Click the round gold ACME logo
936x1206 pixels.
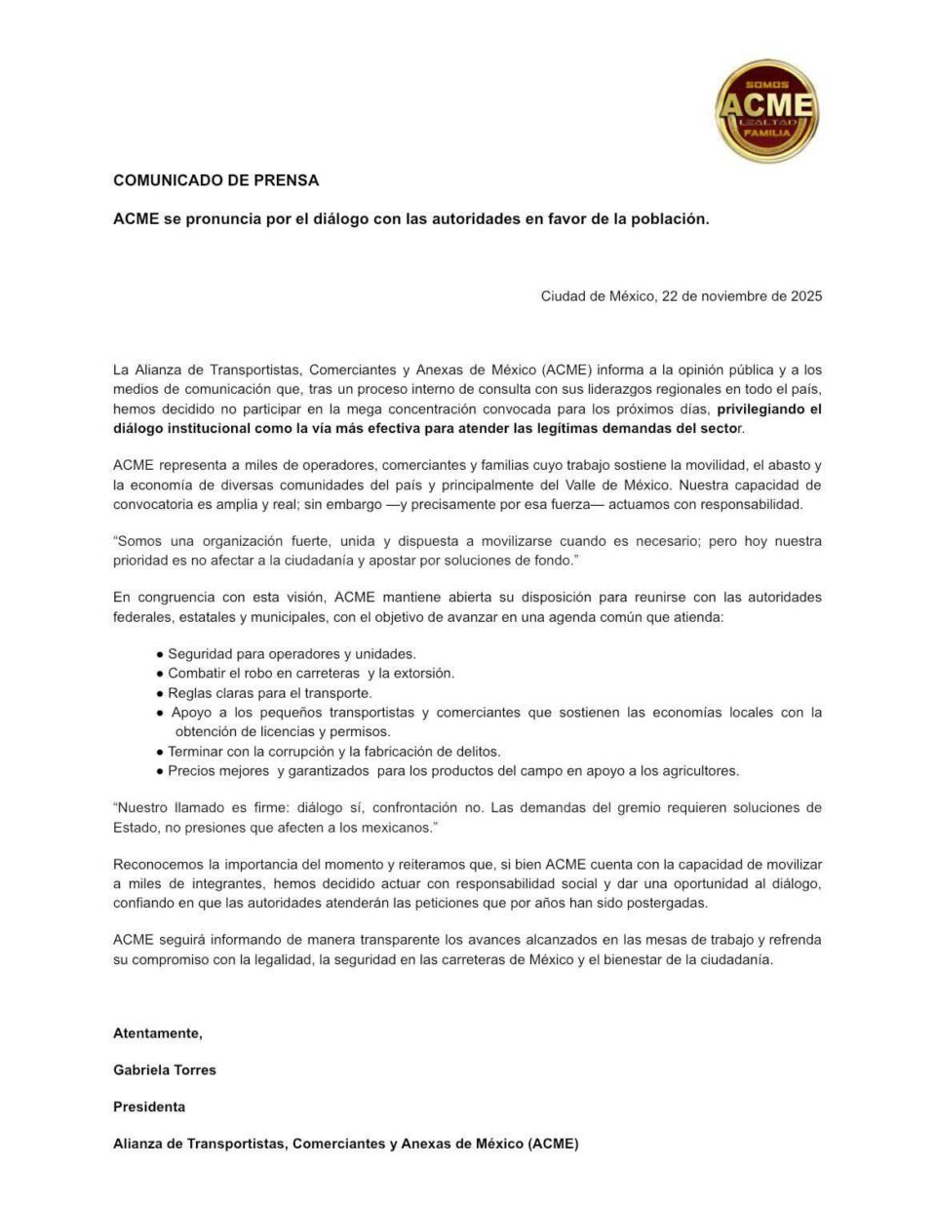click(x=766, y=110)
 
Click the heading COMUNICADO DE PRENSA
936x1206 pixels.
click(x=215, y=180)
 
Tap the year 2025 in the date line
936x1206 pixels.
click(x=805, y=296)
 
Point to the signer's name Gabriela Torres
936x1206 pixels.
click(x=165, y=1070)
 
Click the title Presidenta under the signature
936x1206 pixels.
click(x=149, y=1107)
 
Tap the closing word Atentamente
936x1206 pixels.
click(x=157, y=1032)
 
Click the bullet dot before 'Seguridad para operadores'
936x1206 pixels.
click(x=159, y=655)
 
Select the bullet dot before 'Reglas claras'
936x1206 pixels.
click(x=159, y=694)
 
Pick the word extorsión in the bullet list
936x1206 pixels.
click(x=424, y=674)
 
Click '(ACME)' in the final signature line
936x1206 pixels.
click(x=553, y=1144)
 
